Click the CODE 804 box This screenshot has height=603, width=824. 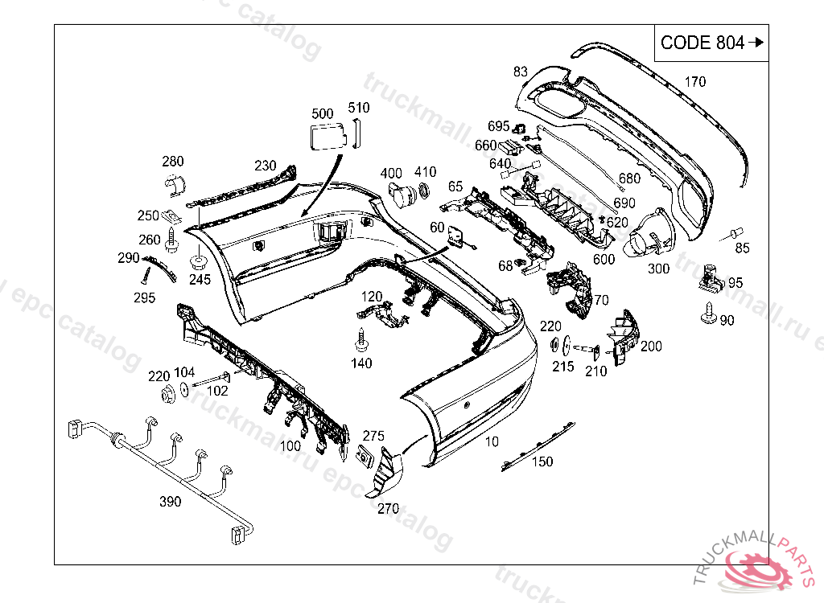[711, 43]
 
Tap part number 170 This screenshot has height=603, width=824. [694, 81]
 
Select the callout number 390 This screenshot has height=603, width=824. [170, 502]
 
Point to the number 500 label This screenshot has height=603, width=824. [322, 113]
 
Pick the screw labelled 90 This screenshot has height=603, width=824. [707, 314]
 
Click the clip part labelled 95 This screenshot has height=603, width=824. [711, 276]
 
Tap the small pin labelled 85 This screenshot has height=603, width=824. [734, 233]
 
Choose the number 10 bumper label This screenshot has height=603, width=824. [492, 441]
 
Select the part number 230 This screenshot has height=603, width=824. [265, 166]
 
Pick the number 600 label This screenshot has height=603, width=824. [604, 260]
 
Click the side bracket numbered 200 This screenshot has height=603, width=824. [623, 338]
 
